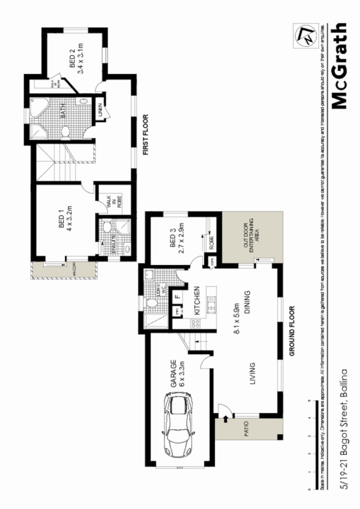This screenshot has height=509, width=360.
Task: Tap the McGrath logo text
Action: pos(340,66)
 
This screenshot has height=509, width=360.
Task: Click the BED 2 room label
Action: pos(72,59)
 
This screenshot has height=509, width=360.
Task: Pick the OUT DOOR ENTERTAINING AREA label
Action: pos(251,237)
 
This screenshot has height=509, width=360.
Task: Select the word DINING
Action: pos(247,301)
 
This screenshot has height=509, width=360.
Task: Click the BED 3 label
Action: pos(172,238)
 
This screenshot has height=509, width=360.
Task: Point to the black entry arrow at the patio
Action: pos(224,419)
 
